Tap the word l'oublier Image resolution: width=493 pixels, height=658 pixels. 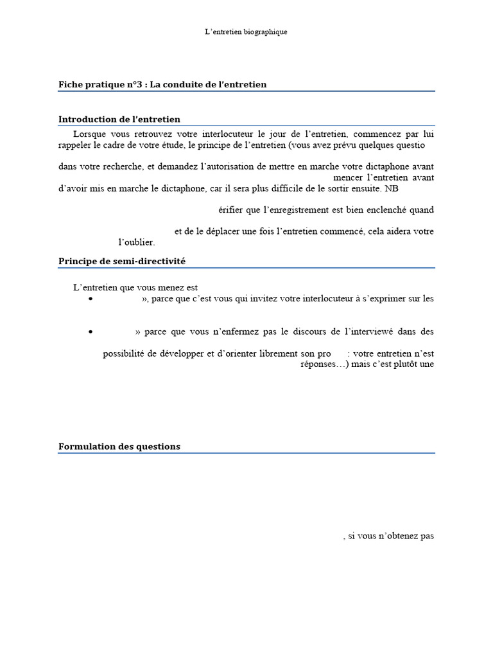[x=137, y=242]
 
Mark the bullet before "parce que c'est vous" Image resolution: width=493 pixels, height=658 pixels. [x=91, y=299]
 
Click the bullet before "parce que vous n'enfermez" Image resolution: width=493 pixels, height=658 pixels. [x=91, y=332]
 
